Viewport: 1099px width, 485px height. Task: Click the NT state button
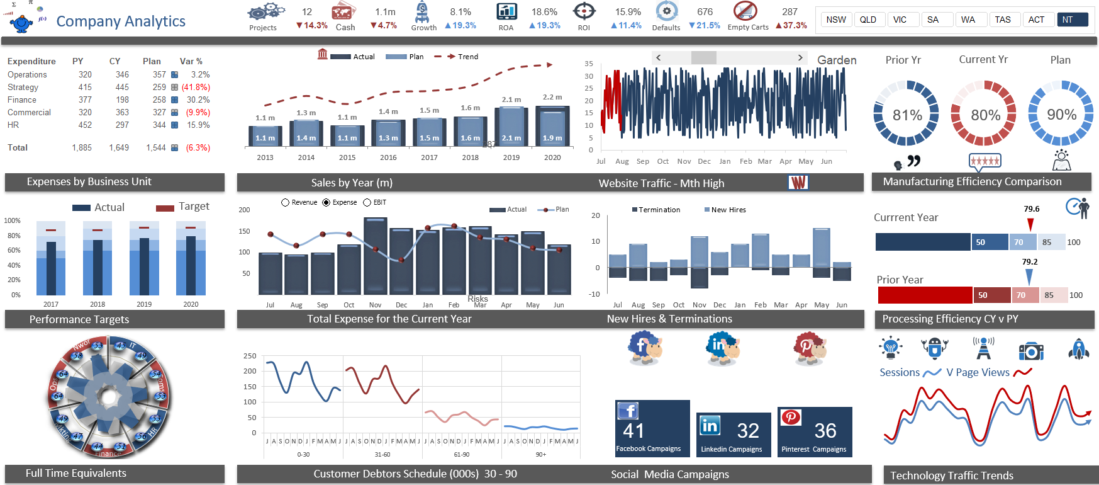click(1072, 20)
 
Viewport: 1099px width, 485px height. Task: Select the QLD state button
click(868, 20)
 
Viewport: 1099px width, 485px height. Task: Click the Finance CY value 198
click(122, 100)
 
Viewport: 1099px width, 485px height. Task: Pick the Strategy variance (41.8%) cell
click(196, 87)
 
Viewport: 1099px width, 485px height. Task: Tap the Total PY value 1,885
click(82, 147)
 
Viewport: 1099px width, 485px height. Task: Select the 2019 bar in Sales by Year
click(511, 126)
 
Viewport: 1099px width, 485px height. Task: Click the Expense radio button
click(326, 202)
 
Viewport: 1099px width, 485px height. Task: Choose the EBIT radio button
click(367, 202)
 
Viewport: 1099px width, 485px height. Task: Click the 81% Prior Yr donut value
click(907, 115)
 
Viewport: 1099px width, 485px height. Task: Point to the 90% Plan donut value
click(1061, 114)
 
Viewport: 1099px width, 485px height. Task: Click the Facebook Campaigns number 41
click(633, 431)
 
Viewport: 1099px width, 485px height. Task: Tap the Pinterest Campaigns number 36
click(825, 431)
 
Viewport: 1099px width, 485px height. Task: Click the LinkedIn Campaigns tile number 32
click(748, 431)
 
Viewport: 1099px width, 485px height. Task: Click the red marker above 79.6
click(1030, 224)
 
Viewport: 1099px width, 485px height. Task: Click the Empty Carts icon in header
click(745, 11)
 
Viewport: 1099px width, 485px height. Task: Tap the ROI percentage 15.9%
click(628, 12)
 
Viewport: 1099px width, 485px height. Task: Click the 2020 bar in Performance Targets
click(191, 265)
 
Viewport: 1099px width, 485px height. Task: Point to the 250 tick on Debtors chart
click(250, 356)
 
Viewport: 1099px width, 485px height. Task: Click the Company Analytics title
click(121, 21)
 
